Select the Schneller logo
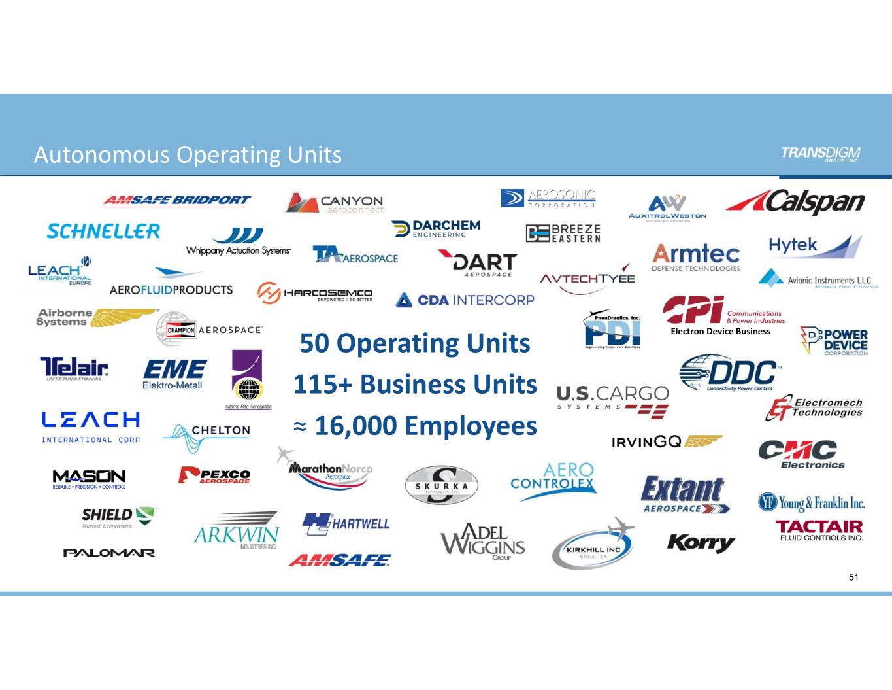[103, 231]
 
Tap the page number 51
[853, 577]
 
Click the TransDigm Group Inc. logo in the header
[820, 154]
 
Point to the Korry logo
[701, 542]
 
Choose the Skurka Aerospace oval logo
[442, 485]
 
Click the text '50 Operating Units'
[415, 343]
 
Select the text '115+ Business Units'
[415, 384]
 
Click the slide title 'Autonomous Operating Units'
[188, 154]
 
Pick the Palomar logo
[109, 553]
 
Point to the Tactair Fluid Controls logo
[819, 530]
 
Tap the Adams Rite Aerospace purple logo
[248, 376]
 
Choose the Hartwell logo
[346, 524]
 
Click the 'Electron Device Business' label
[720, 332]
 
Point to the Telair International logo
[74, 368]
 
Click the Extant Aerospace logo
[685, 494]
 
